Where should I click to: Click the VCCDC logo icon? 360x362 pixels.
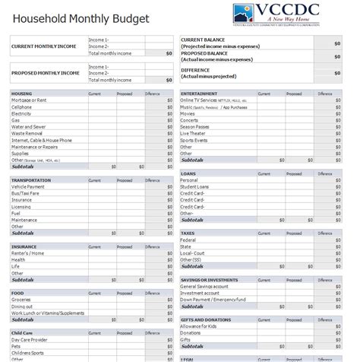[245, 14]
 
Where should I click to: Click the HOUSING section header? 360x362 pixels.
[21, 94]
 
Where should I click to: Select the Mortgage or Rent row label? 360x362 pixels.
[29, 100]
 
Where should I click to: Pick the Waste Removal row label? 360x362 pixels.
[27, 133]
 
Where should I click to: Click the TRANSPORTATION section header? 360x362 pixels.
[31, 180]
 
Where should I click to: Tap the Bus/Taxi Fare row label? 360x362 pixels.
[27, 193]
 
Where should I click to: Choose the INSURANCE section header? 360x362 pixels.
[24, 246]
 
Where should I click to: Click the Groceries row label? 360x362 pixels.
[21, 300]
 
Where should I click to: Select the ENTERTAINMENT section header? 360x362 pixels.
[199, 94]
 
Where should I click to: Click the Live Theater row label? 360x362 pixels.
[193, 133]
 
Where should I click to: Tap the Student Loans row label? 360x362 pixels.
[194, 186]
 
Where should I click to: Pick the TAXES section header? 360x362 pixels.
[188, 233]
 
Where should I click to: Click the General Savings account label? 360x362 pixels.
[205, 286]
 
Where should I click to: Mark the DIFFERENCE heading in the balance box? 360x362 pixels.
[195, 70]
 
